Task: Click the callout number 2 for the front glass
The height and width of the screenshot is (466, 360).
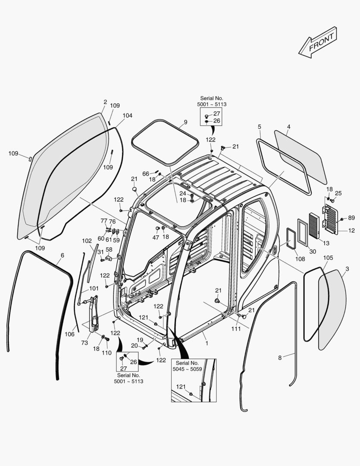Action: [105, 102]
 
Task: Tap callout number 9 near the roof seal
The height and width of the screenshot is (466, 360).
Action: [185, 122]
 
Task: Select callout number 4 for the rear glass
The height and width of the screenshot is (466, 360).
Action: [288, 126]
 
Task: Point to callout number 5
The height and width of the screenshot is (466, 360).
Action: [259, 126]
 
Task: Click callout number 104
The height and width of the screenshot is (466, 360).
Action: [127, 116]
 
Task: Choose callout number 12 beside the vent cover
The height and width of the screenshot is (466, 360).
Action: [351, 231]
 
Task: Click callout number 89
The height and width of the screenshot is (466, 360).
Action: [351, 218]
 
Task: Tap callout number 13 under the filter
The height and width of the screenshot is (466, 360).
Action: [326, 243]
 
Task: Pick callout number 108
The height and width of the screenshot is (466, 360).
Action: [300, 259]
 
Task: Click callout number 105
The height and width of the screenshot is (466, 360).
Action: [328, 258]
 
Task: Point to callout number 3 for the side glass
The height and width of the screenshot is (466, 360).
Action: [347, 269]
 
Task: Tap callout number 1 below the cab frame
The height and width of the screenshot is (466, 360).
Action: [207, 343]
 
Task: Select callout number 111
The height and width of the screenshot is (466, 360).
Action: [235, 329]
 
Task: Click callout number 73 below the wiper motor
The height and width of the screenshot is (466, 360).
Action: [85, 343]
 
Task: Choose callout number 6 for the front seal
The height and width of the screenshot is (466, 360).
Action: [62, 255]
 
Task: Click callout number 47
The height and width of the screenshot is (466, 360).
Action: [156, 237]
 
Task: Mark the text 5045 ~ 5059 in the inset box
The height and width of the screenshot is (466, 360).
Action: [187, 369]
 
